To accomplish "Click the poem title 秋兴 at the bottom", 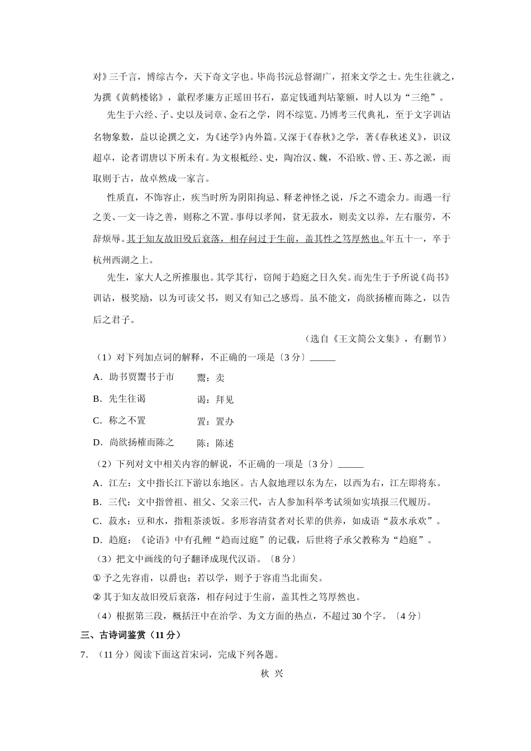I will tap(272, 674).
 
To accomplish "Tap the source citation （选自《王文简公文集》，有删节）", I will tap(376, 339).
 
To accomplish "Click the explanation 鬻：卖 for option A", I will tap(211, 378).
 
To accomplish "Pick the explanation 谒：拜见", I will tap(215, 400).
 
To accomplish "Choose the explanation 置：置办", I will tap(215, 422).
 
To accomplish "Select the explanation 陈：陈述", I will tap(215, 444).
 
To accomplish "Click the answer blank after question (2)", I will tap(351, 464).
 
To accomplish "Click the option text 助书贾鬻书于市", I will tap(141, 377).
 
